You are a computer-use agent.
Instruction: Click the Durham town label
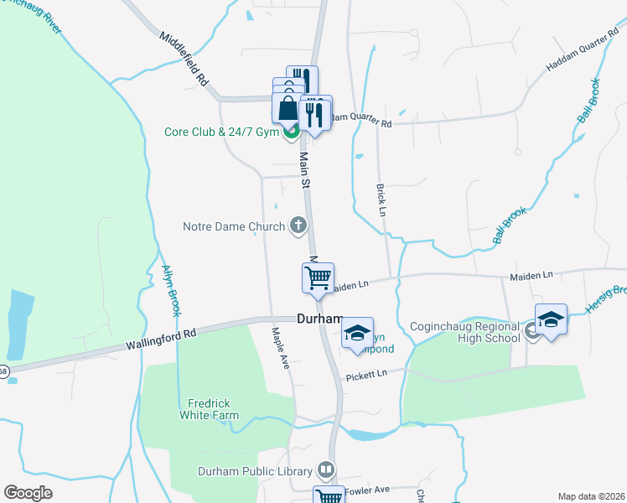click(320, 319)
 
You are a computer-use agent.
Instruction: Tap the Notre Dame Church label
click(235, 226)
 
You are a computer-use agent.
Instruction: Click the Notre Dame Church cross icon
click(298, 225)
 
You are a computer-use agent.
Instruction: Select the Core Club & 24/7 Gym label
click(221, 132)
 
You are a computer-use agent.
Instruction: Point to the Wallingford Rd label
click(161, 339)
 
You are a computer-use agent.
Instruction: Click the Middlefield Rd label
click(184, 60)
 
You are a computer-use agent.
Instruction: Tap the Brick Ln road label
click(381, 200)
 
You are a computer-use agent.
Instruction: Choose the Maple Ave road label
click(279, 345)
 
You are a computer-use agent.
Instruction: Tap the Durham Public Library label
click(255, 470)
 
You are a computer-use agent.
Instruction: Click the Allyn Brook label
click(171, 290)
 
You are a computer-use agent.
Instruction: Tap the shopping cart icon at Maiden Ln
click(318, 277)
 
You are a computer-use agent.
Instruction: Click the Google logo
click(28, 493)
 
